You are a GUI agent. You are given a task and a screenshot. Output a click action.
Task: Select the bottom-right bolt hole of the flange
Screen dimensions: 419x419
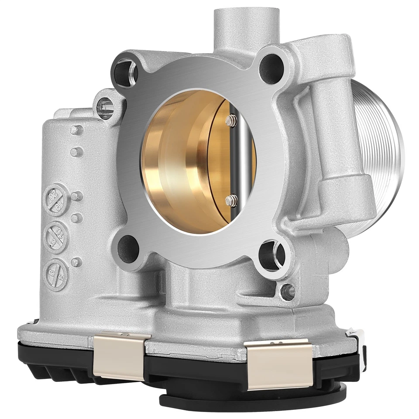click(x=271, y=256)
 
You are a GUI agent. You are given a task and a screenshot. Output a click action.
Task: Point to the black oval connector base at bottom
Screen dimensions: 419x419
click(x=253, y=399)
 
